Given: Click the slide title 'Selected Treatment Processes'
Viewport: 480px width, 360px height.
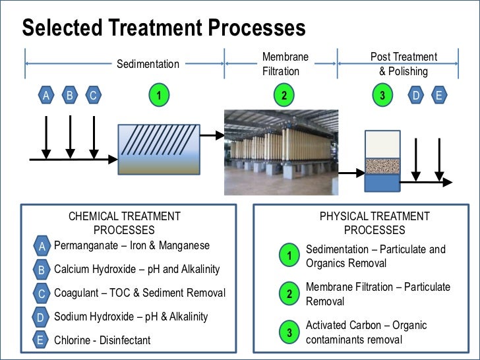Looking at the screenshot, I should click(164, 27).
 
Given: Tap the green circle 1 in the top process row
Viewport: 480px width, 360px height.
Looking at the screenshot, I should click(158, 96).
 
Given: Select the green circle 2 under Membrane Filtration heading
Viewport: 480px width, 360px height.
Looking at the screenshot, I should click(284, 96).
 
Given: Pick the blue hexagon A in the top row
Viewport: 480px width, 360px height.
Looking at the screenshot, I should click(46, 96).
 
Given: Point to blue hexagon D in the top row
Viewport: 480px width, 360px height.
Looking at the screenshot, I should click(416, 96).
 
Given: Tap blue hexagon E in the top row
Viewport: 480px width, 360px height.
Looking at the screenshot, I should click(439, 96).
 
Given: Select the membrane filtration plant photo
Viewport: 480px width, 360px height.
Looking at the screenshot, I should click(282, 152).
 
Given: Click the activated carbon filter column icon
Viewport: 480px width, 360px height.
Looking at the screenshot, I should click(382, 160).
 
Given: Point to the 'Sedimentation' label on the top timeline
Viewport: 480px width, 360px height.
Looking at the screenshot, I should click(148, 64).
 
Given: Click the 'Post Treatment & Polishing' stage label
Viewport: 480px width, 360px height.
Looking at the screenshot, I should click(404, 64).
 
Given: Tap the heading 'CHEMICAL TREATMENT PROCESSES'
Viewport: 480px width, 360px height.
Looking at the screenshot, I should click(124, 223).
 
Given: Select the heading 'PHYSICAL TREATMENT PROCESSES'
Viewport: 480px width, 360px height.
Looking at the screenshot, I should click(375, 223).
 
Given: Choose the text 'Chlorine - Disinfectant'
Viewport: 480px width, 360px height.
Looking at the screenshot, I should click(102, 340).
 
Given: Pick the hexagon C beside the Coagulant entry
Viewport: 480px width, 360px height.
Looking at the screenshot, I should click(41, 294).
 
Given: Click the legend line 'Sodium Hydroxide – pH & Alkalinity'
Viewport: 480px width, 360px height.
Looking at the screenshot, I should click(131, 316).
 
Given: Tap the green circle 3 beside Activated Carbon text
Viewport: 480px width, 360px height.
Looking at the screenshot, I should click(289, 333).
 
